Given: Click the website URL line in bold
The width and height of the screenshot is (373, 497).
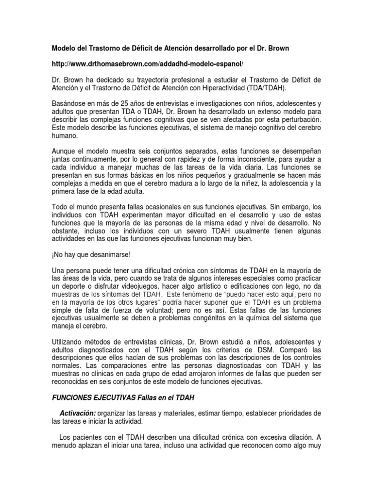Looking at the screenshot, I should click(x=147, y=64).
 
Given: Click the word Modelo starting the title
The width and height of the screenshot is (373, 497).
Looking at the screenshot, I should click(x=65, y=49).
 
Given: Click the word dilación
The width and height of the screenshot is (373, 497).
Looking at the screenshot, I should click(x=291, y=436).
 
